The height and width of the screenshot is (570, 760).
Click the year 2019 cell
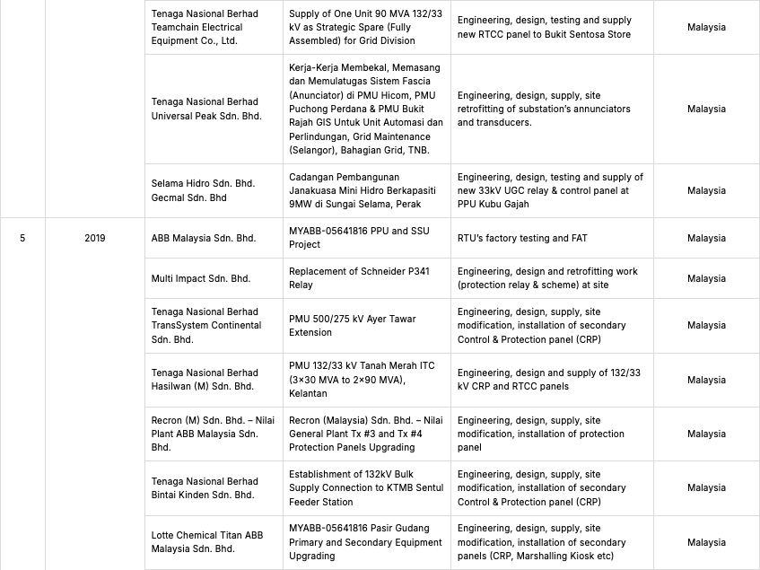pyautogui.click(x=95, y=238)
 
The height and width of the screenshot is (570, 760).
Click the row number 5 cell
pyautogui.click(x=22, y=238)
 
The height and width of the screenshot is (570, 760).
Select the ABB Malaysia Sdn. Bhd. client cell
pyautogui.click(x=204, y=238)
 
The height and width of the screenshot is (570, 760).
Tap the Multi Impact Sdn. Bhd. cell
pyautogui.click(x=201, y=278)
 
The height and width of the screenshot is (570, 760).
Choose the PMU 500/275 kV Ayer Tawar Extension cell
pyautogui.click(x=352, y=325)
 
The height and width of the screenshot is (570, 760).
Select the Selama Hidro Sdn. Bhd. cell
pyautogui.click(x=203, y=190)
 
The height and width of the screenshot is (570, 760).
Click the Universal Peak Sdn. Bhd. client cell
pyautogui.click(x=206, y=109)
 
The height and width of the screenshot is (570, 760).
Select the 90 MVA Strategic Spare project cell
pyautogui.click(x=359, y=27)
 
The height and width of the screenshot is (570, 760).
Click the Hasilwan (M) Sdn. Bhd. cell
pyautogui.click(x=205, y=380)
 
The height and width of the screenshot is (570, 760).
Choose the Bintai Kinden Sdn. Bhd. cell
pyautogui.click(x=205, y=488)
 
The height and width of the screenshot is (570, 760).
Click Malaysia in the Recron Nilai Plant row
pyautogui.click(x=706, y=434)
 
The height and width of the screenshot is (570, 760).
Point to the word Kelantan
pyautogui.click(x=310, y=393)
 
